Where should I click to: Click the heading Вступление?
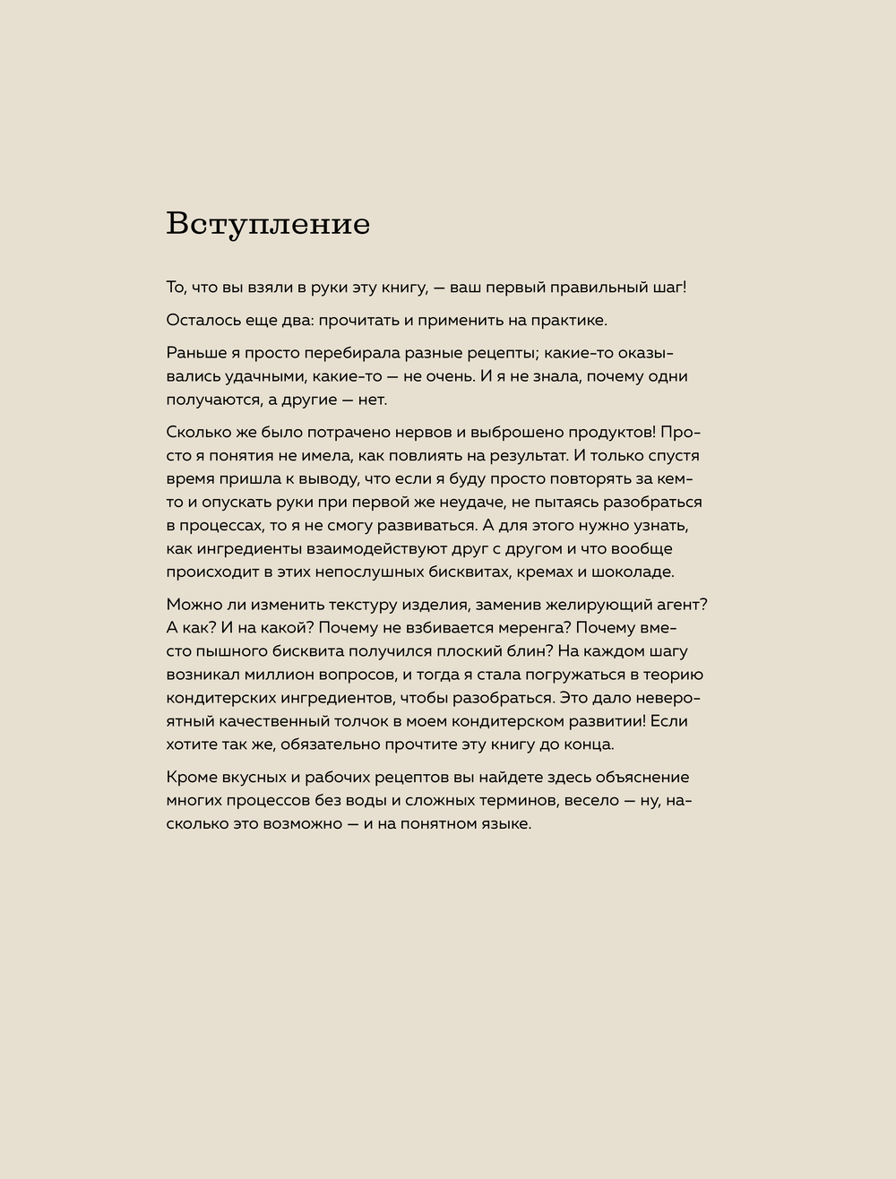pos(268,224)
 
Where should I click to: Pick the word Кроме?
pos(190,777)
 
